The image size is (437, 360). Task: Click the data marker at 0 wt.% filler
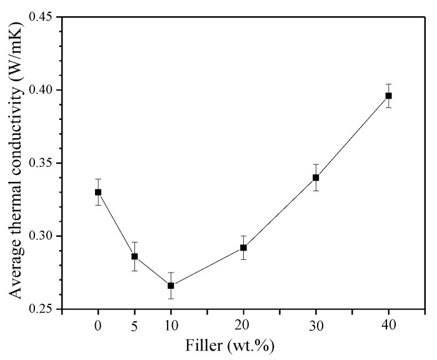98,192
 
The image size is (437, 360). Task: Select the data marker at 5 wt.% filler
134,256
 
